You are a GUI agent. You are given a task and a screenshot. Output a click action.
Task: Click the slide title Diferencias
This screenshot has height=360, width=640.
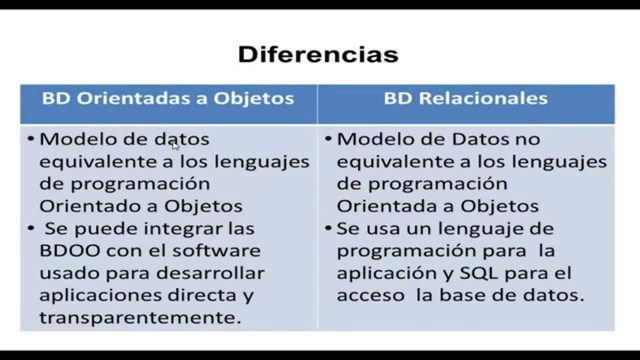318,53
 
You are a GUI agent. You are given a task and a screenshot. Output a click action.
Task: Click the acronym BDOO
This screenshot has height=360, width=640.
70,250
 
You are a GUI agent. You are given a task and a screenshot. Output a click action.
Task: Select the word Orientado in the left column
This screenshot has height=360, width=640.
86,206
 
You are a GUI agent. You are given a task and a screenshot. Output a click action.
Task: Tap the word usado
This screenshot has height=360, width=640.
65,272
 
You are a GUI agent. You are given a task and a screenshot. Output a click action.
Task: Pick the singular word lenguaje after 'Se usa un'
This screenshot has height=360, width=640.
473,228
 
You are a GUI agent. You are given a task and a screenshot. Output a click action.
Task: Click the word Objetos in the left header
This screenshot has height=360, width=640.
255,99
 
